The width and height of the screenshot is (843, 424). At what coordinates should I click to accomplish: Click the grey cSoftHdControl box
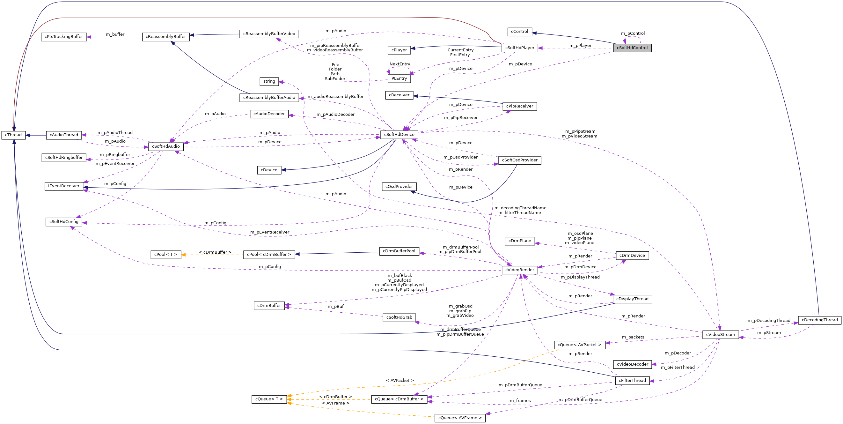[632, 48]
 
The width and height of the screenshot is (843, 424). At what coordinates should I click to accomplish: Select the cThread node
[13, 135]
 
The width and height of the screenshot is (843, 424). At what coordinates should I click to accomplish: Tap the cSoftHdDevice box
[399, 135]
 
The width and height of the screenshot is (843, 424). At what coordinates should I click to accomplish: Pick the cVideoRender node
[519, 270]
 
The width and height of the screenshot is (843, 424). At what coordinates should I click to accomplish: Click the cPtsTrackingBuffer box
[64, 37]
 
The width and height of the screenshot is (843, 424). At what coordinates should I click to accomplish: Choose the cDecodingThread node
[819, 320]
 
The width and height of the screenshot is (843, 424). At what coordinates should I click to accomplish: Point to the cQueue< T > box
[269, 399]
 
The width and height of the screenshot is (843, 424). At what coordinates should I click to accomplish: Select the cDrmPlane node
[519, 241]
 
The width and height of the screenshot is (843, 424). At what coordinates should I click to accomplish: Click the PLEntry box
[399, 78]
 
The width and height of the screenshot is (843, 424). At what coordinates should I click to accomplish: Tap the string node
[269, 81]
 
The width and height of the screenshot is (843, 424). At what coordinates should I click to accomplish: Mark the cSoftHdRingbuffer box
[64, 158]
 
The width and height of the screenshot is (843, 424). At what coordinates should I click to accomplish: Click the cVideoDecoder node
[632, 364]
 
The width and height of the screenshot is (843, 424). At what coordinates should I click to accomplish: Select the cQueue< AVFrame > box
[460, 418]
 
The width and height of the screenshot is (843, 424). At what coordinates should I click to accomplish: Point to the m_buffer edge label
[115, 34]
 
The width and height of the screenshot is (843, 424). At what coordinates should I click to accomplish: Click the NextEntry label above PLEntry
[400, 64]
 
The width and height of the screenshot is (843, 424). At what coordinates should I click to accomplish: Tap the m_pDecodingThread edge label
[769, 320]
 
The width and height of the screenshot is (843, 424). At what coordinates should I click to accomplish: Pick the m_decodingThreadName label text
[520, 208]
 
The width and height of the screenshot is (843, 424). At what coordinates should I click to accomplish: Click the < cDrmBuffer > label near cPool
[215, 252]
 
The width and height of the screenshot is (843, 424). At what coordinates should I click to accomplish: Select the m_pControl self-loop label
[633, 33]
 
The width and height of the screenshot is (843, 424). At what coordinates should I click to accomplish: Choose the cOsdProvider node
[399, 187]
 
